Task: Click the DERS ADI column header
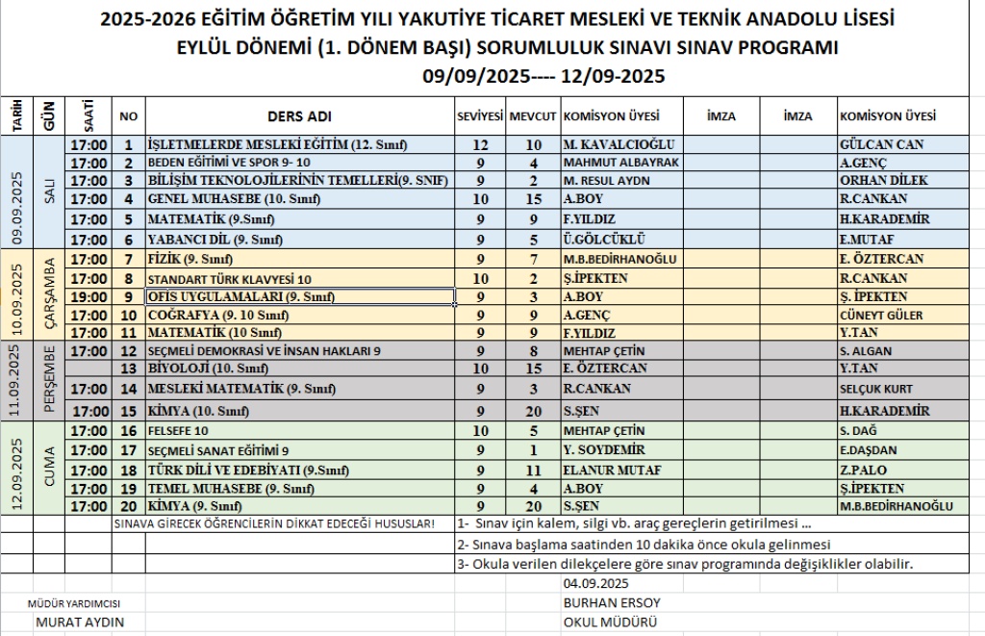pyautogui.click(x=298, y=116)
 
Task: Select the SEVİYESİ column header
pyautogui.click(x=479, y=116)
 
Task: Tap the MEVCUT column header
pyautogui.click(x=532, y=116)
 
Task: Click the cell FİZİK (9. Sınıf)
pyautogui.click(x=190, y=260)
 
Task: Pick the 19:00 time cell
pyautogui.click(x=89, y=296)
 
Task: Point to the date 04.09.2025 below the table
pyautogui.click(x=595, y=584)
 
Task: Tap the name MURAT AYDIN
pyautogui.click(x=80, y=622)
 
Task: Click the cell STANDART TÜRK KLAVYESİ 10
pyautogui.click(x=230, y=279)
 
